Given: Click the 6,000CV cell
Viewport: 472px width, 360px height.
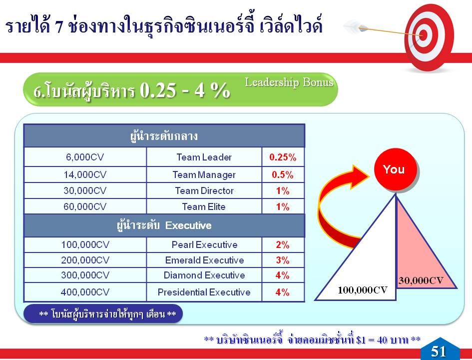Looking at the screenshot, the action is (x=85, y=157).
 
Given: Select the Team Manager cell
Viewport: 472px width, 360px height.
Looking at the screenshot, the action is (x=204, y=174).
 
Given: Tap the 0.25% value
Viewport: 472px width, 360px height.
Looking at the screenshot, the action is (x=283, y=157).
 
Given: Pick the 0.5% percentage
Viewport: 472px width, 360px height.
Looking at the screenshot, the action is (x=282, y=174).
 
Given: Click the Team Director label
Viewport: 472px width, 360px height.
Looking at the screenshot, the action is (x=204, y=190).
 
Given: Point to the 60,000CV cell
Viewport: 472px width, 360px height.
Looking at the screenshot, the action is (x=85, y=206).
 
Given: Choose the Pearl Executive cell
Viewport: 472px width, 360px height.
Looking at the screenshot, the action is (x=204, y=244).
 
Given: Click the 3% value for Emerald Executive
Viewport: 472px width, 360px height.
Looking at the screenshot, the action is (x=282, y=260).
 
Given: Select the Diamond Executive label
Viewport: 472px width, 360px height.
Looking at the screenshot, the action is (x=204, y=275).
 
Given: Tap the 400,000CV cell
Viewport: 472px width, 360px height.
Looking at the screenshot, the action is (x=85, y=292).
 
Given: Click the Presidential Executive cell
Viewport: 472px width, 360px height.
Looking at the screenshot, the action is (x=204, y=292).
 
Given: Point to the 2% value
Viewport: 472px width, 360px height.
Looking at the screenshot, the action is (x=282, y=244).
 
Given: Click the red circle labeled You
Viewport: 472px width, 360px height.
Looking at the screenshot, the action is (x=395, y=169).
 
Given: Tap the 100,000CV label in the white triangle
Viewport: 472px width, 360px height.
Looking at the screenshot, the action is (x=363, y=290).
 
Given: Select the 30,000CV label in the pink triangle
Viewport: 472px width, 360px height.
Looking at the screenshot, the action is (x=421, y=280).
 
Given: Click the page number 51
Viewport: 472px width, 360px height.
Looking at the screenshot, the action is (x=439, y=351).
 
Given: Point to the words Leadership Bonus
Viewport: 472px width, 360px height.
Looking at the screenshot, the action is (x=289, y=82).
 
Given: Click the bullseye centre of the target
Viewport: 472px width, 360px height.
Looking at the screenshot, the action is (x=423, y=35).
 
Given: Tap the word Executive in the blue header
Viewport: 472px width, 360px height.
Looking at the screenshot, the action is (x=188, y=225).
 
